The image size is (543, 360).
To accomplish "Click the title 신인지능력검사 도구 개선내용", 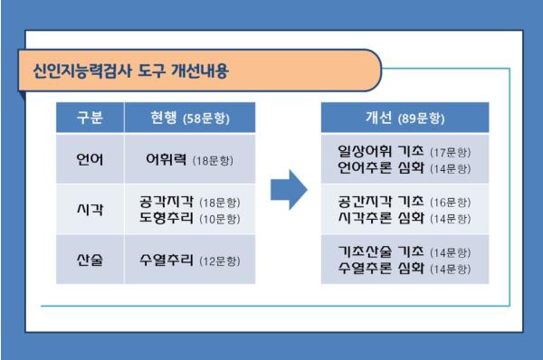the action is click(131, 71).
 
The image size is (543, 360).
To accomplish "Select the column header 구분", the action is click(90, 118).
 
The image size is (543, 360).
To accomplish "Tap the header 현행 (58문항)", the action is click(190, 118).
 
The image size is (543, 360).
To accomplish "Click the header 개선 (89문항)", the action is click(405, 118).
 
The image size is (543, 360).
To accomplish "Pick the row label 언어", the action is click(90, 159).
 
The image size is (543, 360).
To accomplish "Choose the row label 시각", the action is click(90, 210).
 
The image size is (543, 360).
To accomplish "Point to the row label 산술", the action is click(90, 260).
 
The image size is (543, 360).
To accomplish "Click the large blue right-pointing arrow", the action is click(289, 190).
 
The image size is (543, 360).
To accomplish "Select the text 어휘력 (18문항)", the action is click(190, 159).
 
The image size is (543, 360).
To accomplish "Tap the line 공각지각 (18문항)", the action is click(190, 202).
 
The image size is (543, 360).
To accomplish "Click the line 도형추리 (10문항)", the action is click(190, 218).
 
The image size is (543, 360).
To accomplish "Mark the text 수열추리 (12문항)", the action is click(190, 260).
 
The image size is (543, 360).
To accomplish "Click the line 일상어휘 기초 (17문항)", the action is click(405, 151).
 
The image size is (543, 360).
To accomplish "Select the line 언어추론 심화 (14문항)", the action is click(405, 168).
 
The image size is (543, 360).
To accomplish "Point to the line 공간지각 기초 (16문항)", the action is click(405, 201).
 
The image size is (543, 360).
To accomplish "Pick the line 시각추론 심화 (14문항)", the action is click(405, 218).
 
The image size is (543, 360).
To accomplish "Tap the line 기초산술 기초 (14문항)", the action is click(405, 251).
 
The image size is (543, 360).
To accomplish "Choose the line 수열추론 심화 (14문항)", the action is click(405, 269).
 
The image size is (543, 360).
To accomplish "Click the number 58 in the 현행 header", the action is click(194, 118).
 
